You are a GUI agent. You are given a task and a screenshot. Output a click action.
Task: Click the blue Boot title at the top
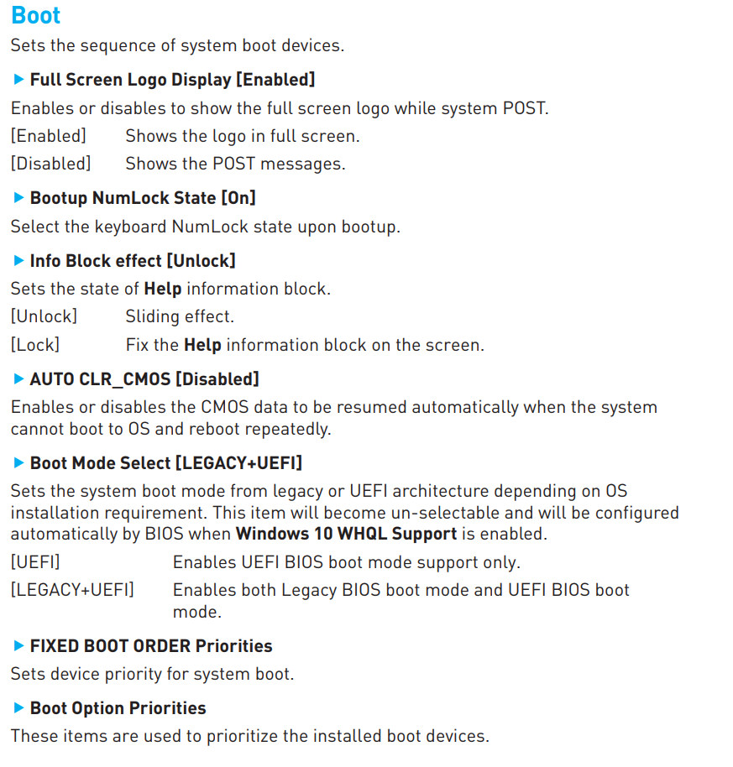coord(36,15)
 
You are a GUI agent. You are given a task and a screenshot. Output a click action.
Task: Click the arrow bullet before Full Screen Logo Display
coord(18,79)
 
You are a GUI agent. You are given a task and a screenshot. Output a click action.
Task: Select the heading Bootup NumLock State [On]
coord(143,198)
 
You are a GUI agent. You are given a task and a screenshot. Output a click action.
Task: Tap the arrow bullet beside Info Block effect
coord(18,261)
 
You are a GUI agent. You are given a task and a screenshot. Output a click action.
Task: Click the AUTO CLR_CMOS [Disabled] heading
coord(144,379)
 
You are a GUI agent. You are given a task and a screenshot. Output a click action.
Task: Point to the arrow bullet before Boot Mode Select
coord(18,462)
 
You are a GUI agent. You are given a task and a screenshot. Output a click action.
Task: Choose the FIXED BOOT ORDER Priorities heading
coord(151,646)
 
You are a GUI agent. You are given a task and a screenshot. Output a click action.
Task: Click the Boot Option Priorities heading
coord(118,708)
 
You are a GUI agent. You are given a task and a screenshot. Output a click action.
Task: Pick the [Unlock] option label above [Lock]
coord(44,316)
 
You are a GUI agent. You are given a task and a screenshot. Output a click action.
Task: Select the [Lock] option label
coord(35,345)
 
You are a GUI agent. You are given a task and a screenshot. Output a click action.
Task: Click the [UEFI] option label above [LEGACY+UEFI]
coord(35,562)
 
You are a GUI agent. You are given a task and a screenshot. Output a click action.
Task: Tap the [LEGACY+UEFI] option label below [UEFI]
coord(72,590)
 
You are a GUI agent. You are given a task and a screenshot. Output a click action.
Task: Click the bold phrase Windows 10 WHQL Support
coord(347,534)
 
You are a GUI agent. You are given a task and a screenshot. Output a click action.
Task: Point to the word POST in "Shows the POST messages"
coord(234,164)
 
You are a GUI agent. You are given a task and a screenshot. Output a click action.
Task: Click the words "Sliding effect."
coord(180,316)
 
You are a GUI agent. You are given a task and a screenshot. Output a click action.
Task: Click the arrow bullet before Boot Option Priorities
coord(18,707)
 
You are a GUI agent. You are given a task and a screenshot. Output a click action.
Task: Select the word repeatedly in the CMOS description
coord(288,429)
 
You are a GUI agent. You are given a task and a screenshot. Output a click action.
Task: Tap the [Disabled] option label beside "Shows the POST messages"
coord(51,164)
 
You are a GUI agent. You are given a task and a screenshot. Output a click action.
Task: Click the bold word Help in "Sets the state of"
coord(163,289)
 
